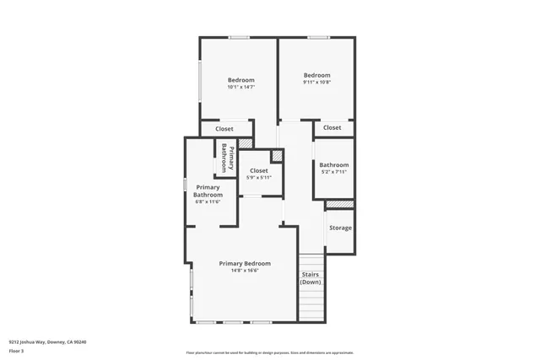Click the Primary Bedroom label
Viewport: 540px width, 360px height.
(x=245, y=264)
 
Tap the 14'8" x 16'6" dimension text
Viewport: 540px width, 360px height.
(x=245, y=271)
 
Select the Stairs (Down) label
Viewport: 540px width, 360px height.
(x=311, y=277)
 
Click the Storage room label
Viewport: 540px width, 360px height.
(x=340, y=228)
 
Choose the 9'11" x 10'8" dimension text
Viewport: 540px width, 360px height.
(x=316, y=82)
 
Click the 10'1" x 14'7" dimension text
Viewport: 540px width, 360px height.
(x=240, y=87)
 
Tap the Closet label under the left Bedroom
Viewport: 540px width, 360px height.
(x=224, y=129)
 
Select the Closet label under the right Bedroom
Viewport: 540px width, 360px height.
(x=332, y=128)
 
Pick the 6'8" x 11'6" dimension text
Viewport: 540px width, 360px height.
(x=208, y=201)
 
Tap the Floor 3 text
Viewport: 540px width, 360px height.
(x=16, y=351)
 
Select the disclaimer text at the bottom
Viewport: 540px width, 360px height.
(x=269, y=352)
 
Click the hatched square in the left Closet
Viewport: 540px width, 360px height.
(x=246, y=144)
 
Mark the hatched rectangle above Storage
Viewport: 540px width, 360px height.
(x=339, y=205)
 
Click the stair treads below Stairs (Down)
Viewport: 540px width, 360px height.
(x=311, y=300)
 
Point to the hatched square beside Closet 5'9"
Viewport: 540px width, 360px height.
(x=276, y=157)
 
